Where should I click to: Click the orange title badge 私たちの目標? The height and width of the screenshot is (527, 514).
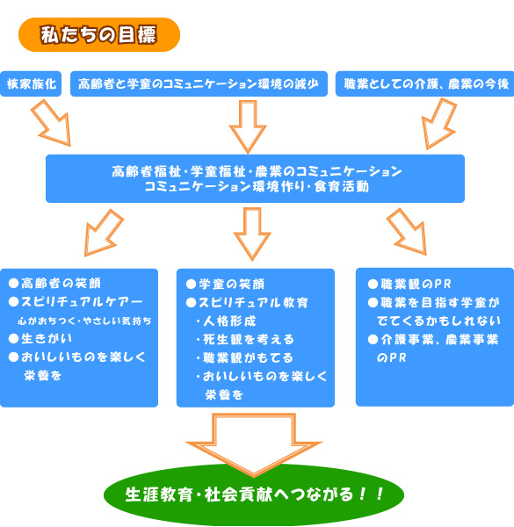coord(99,34)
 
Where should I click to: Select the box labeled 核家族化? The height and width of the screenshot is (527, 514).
coord(31,83)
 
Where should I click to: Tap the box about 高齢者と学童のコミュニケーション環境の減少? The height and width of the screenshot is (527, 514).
coord(199,83)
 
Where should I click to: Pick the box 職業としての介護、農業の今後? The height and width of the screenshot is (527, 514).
coord(425,83)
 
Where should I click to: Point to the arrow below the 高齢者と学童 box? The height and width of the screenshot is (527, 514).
coord(248,127)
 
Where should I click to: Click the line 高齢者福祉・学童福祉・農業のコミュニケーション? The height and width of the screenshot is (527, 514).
coord(257,171)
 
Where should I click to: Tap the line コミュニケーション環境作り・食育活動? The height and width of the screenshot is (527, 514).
coord(257,186)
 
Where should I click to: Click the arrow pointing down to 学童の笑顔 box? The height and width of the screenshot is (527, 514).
coord(252,235)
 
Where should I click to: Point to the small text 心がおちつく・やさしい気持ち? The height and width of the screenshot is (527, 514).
coord(84,321)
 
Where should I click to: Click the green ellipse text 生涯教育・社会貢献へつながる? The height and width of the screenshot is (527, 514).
coord(254,494)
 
